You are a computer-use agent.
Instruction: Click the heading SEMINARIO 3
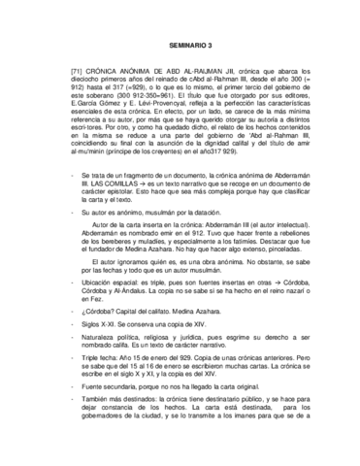pos(180,45)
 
